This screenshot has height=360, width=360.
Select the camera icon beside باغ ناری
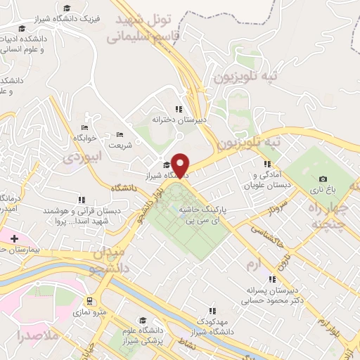(323, 180)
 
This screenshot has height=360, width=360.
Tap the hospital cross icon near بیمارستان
(14, 238)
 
